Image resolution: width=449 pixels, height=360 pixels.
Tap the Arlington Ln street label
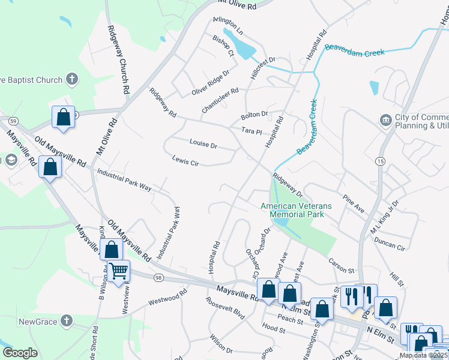pyautogui.click(x=228, y=25)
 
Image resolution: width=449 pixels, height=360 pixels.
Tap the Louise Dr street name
pyautogui.click(x=203, y=145)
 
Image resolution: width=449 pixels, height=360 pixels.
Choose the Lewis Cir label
pyautogui.click(x=185, y=160)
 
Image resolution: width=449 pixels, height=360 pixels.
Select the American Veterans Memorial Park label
pyautogui.click(x=292, y=210)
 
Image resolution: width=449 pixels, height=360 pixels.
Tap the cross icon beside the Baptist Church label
pyautogui.click(x=71, y=79)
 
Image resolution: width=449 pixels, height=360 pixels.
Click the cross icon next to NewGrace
pyautogui.click(x=66, y=321)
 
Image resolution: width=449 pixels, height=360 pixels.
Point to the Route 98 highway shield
pyautogui.click(x=158, y=277)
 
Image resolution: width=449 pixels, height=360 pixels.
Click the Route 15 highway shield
pyautogui.click(x=380, y=161)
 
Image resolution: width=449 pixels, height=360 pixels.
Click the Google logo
pyautogui.click(x=20, y=353)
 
